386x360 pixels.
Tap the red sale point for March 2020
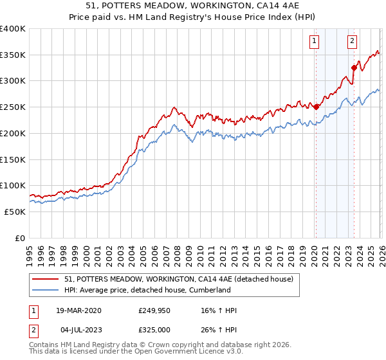point(316,107)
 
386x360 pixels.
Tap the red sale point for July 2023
point(354,67)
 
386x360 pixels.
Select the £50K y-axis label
point(15,212)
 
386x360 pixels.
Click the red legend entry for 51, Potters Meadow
point(179,279)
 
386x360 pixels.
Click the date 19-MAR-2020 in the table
point(78,310)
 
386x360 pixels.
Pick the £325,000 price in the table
point(154,330)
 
